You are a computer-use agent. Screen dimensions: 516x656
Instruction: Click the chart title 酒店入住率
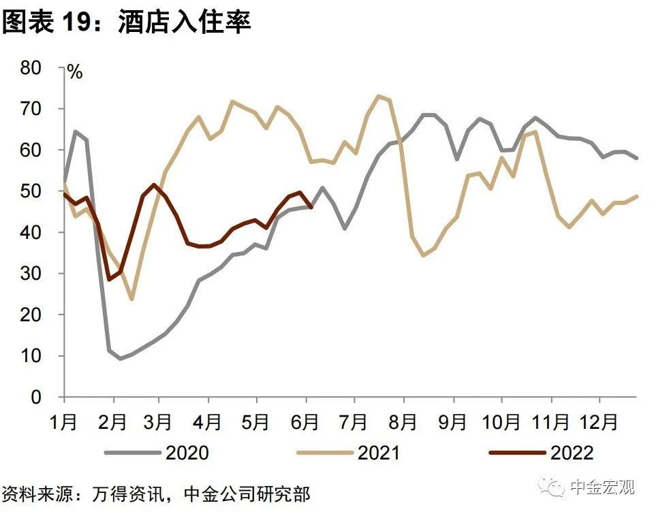coord(185,22)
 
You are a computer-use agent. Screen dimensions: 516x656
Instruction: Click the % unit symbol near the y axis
coord(74,72)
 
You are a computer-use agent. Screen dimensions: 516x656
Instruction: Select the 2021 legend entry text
coord(379,453)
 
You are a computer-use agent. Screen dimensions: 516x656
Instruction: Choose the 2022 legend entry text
coord(572,453)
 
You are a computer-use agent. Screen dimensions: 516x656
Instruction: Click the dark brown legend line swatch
coord(517,453)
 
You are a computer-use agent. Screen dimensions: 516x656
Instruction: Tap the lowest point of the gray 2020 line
coord(121,358)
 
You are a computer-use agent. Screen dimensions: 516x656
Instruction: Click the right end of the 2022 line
coord(311,207)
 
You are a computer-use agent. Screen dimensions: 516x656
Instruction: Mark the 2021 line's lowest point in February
coord(131,299)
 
